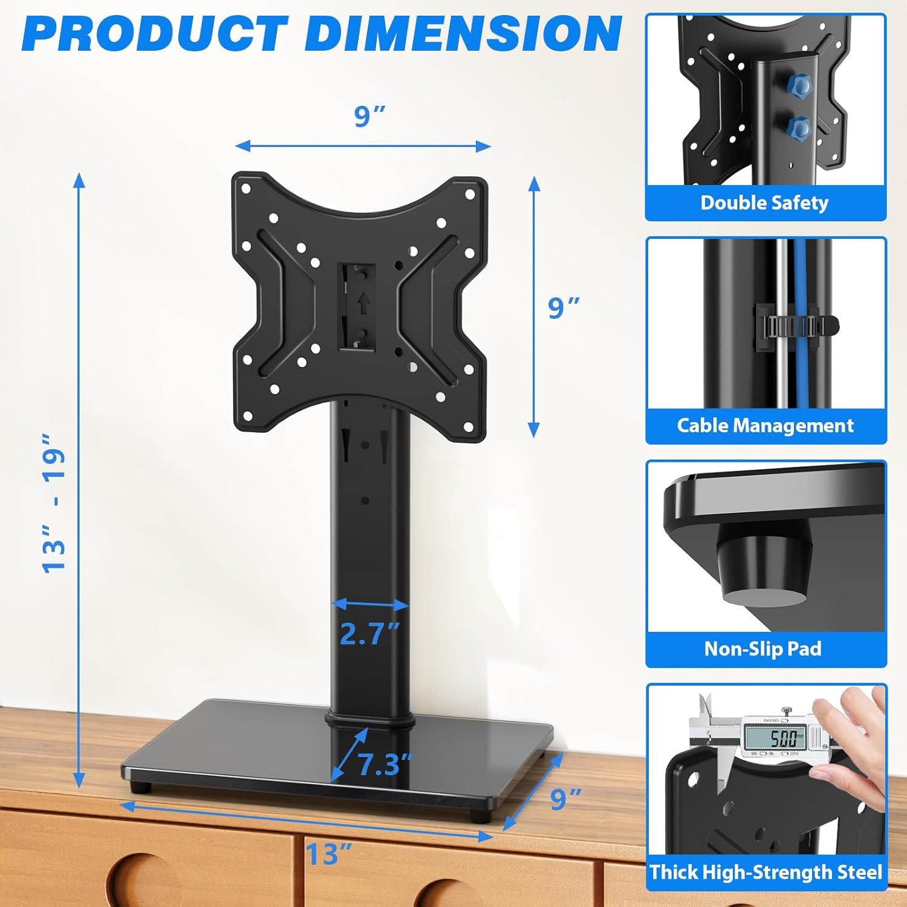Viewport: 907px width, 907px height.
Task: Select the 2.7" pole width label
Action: coord(369,633)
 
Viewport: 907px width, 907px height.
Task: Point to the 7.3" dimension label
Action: coord(385,764)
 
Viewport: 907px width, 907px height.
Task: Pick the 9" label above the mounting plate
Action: coord(369,115)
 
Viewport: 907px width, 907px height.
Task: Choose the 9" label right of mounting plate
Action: coord(564,307)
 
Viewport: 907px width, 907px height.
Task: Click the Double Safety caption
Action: coord(764,203)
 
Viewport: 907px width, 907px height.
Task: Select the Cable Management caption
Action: coord(765,426)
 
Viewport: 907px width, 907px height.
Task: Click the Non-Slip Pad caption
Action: coord(763,649)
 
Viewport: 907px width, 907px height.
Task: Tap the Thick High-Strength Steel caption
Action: coord(766,872)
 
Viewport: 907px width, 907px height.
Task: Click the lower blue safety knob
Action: coord(799,128)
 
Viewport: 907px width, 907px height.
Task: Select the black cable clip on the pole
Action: coord(796,327)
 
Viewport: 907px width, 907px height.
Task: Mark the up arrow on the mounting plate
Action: coord(363,304)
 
